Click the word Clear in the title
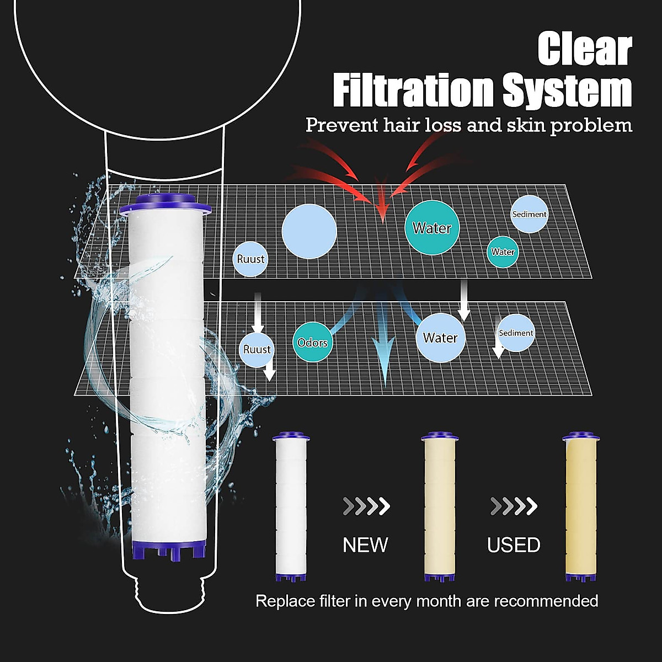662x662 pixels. click(585, 50)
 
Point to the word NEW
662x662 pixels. click(365, 545)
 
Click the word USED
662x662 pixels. click(514, 545)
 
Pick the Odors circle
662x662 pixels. click(313, 343)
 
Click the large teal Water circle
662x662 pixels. click(432, 228)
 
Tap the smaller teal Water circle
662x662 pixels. click(503, 252)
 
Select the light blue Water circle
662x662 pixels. click(440, 338)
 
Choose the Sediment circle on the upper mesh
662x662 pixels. click(529, 214)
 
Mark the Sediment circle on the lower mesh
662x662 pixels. click(516, 333)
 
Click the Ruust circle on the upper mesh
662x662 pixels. click(250, 259)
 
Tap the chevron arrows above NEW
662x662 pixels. click(366, 505)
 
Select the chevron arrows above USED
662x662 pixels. click(514, 505)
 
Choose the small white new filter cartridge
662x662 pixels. click(291, 508)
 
